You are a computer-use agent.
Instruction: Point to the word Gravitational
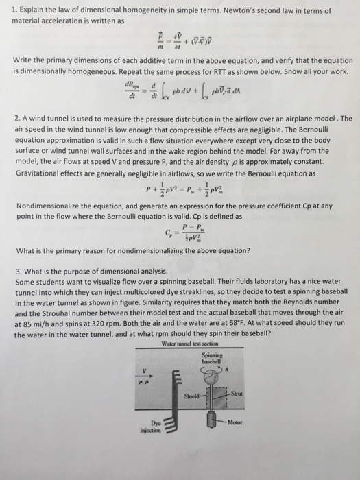[x=42, y=173]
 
